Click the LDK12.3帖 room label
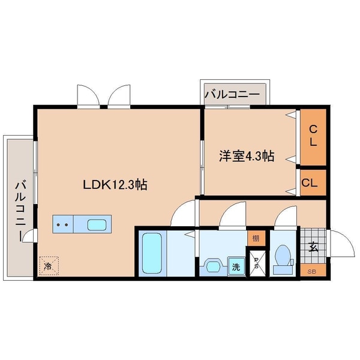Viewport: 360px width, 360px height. click(115, 185)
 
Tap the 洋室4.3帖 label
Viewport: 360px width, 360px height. click(246, 157)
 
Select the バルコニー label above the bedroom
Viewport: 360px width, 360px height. click(232, 95)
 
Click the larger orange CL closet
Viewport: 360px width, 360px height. click(313, 137)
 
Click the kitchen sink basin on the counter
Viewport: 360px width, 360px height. click(98, 226)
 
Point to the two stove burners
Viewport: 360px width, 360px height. click(62, 226)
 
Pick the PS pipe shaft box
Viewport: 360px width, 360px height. click(257, 264)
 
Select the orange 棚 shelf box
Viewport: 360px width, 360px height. click(256, 238)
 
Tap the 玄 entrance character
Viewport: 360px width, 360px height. click(313, 245)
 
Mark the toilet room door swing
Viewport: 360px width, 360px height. click(286, 217)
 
